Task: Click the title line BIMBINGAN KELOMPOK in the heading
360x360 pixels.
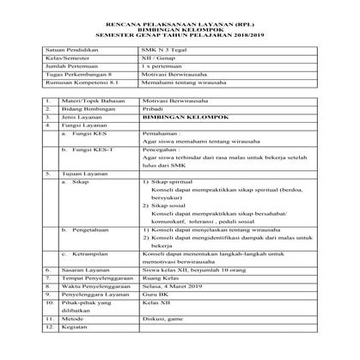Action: tap(179, 27)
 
